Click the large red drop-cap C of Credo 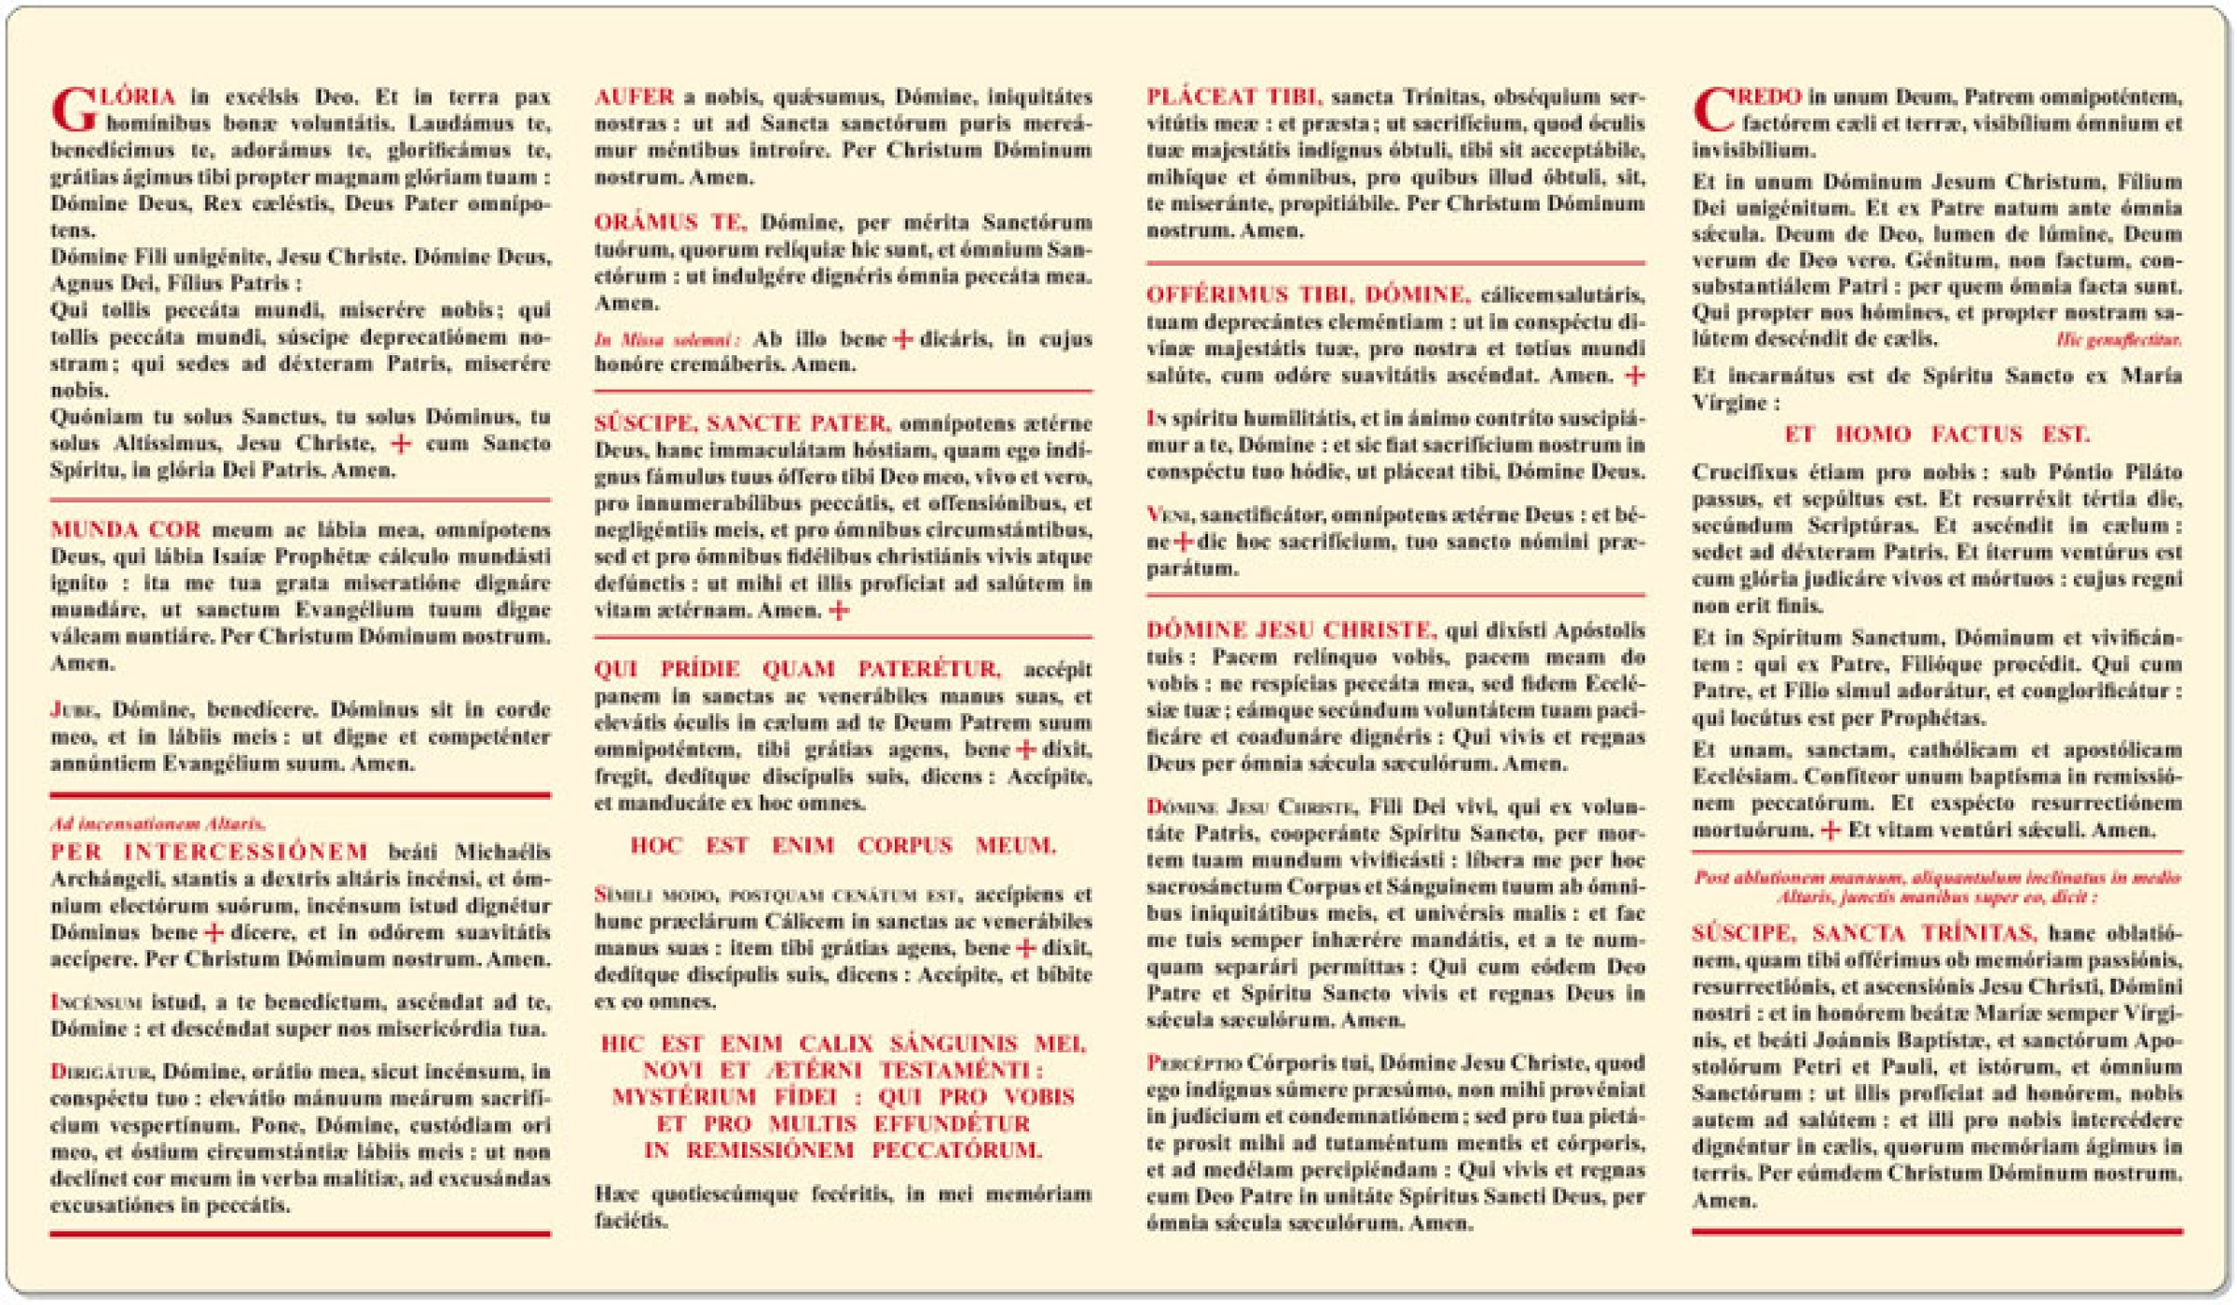click(1713, 110)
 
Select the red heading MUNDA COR click(126, 529)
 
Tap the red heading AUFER click(634, 97)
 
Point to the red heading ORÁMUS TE click(670, 222)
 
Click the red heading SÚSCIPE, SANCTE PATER click(742, 423)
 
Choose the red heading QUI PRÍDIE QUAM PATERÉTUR click(798, 669)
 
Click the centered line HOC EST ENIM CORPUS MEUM click(843, 845)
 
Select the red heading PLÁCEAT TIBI click(1233, 97)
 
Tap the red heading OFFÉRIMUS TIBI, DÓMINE click(1308, 295)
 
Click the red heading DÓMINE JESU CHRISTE click(1291, 630)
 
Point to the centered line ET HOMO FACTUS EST click(1936, 434)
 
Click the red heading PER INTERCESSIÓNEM click(209, 852)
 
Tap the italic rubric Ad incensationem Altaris click(158, 824)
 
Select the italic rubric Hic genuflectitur click(2118, 340)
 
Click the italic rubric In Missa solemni click(667, 340)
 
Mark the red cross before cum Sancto click(401, 444)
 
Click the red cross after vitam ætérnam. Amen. click(839, 611)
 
